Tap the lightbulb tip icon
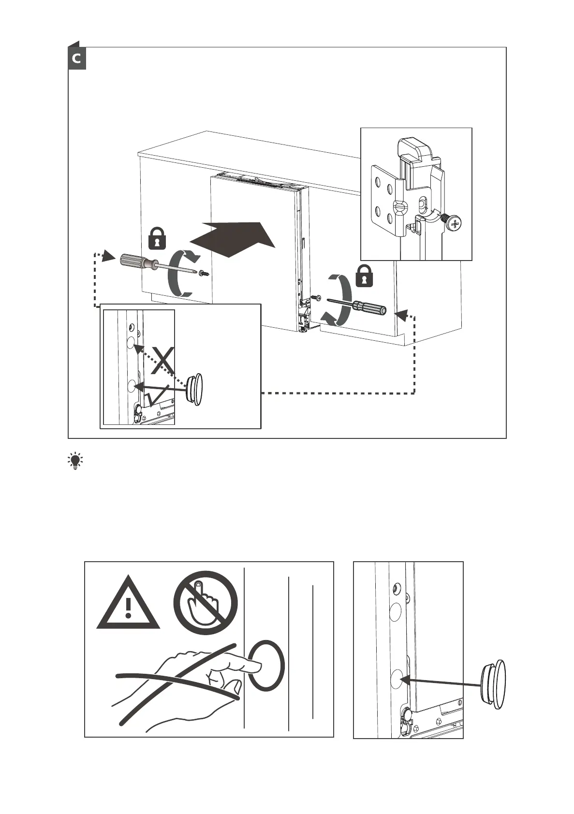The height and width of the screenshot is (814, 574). pyautogui.click(x=75, y=462)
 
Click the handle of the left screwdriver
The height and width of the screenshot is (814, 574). pyautogui.click(x=136, y=262)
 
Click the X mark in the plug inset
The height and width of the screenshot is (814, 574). pyautogui.click(x=163, y=360)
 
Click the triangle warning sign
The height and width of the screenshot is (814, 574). pyautogui.click(x=128, y=605)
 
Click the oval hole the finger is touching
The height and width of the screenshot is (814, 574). pyautogui.click(x=266, y=665)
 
